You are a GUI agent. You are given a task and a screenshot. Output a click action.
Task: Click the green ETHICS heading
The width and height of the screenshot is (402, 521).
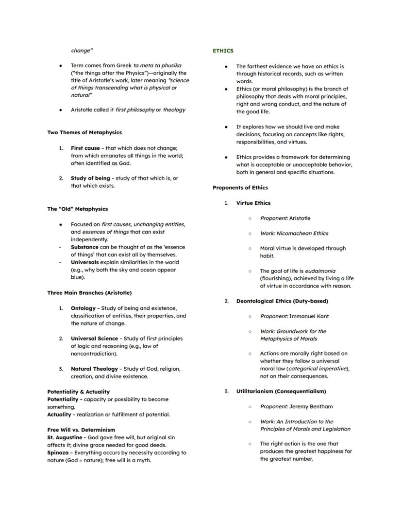223,51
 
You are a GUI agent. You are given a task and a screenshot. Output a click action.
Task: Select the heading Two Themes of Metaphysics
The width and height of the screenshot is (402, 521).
84,132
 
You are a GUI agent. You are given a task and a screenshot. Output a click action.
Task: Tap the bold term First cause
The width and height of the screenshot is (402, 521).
85,148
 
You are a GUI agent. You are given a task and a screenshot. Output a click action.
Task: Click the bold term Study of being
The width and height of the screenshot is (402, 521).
90,178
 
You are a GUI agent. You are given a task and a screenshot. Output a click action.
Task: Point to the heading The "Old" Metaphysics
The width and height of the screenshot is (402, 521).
78,209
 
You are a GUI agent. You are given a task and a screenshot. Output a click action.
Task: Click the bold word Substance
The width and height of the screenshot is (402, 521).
84,247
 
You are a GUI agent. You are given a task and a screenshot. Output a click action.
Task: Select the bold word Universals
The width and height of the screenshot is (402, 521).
85,262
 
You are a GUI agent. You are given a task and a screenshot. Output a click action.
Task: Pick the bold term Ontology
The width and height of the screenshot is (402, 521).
83,308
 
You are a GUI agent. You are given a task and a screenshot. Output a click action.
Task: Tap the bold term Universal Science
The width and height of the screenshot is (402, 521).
94,339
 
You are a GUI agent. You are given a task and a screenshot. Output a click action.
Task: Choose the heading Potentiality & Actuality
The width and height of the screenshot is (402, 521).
78,392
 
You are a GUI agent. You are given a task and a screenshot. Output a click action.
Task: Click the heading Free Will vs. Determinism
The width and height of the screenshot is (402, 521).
81,430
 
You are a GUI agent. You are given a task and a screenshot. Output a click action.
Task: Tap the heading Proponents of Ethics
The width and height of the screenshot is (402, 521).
240,187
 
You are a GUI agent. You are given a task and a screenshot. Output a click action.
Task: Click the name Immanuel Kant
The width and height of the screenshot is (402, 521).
309,316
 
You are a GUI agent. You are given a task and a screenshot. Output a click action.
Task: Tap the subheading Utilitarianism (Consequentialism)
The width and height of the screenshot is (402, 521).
281,391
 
